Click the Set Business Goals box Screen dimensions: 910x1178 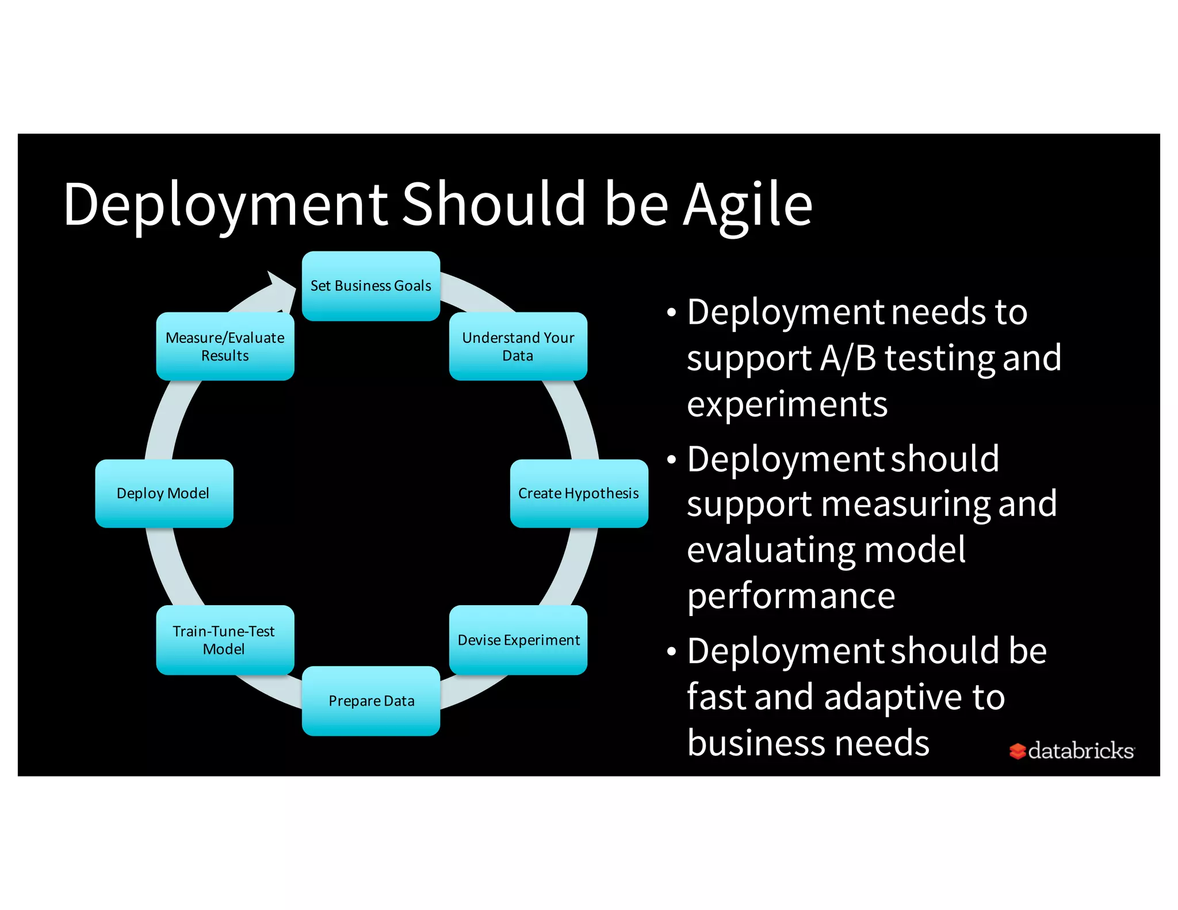tap(371, 286)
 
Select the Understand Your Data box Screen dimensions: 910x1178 tap(518, 346)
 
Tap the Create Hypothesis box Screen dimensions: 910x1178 tap(579, 494)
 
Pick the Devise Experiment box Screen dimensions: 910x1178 tap(518, 640)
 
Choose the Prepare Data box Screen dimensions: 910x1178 tap(371, 701)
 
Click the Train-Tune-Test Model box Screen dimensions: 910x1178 tap(225, 640)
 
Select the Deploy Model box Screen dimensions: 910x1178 tap(164, 494)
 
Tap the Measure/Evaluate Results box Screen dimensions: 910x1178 tap(225, 346)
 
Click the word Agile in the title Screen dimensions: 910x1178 tap(748, 205)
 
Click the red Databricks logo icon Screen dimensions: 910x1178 tap(1017, 751)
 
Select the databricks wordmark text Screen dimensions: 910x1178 tap(1081, 751)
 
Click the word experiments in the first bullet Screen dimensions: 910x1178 tap(787, 404)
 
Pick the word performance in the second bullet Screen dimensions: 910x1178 tap(791, 596)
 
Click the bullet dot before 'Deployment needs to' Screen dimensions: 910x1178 tap(671, 313)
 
